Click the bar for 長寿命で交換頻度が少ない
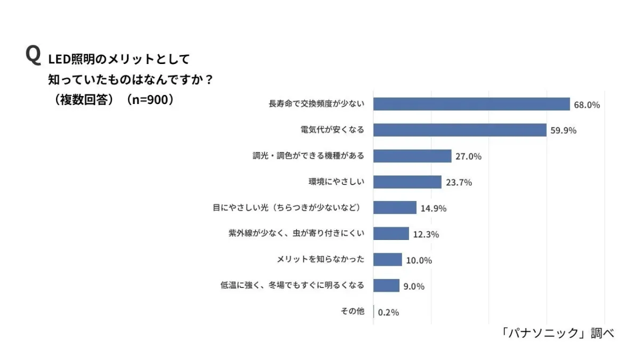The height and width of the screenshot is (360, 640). point(471,104)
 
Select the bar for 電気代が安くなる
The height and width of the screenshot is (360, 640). point(460,130)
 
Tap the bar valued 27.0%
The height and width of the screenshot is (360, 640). point(412,156)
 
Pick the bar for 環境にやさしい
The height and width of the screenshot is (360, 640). point(407,182)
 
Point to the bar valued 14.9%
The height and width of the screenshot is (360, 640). point(395,207)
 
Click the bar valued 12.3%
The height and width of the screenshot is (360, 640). point(391,234)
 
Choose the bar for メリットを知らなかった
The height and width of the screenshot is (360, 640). point(388,260)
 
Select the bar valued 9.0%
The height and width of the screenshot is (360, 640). point(386,285)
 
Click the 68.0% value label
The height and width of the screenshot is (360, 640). point(587,105)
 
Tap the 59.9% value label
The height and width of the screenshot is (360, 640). point(563,131)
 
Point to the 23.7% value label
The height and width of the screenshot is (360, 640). point(459,182)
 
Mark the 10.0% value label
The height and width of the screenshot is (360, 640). point(419,260)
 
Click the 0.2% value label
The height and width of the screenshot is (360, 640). point(388,312)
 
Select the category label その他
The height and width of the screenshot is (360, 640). point(352,311)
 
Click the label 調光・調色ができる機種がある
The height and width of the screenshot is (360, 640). point(308,156)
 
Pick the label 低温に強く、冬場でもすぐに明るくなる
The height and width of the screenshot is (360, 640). point(292,285)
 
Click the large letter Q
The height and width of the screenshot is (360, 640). point(33,55)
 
